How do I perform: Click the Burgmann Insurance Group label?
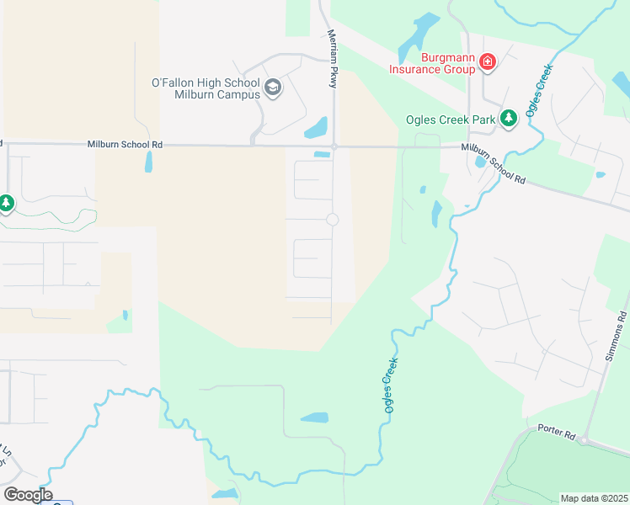point(431,64)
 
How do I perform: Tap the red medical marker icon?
point(487,61)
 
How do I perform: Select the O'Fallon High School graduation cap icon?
point(272,87)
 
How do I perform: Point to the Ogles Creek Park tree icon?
point(508,119)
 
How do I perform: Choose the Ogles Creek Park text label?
point(450,120)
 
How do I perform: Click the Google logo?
point(28,494)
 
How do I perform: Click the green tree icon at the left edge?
point(6,204)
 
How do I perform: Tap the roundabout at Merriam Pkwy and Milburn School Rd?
point(334,146)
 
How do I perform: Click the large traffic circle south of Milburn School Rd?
point(332,220)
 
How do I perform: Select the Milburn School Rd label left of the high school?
point(125,145)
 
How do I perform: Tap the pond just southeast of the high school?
point(316,128)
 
